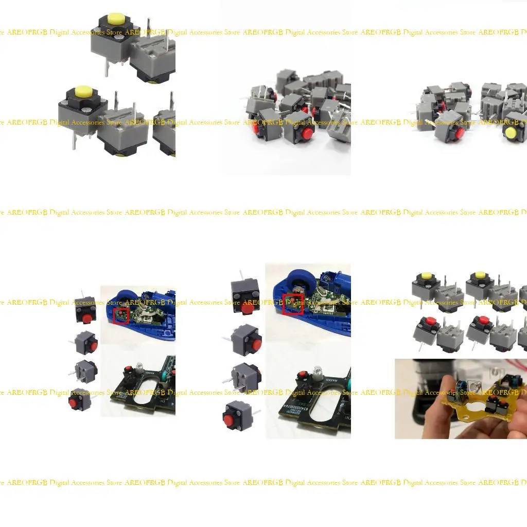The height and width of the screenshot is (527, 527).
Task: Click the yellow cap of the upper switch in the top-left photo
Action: click(x=116, y=19)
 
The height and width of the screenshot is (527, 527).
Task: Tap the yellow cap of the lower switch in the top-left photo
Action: click(x=82, y=92)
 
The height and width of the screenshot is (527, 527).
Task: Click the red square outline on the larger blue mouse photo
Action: click(x=292, y=304)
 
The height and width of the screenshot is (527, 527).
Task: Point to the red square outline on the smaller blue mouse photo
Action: click(x=121, y=315)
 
